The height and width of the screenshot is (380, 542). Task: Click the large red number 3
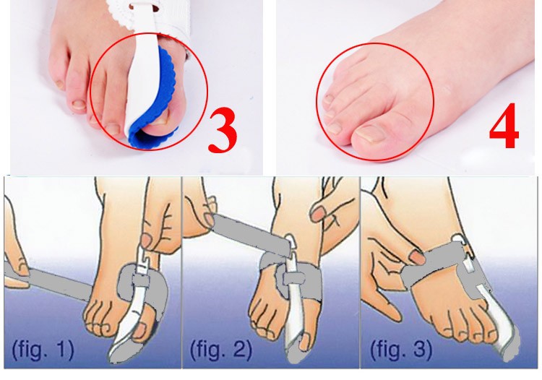tap(223, 131)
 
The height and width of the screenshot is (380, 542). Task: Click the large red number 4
tap(504, 126)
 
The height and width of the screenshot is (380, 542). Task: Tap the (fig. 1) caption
tap(43, 349)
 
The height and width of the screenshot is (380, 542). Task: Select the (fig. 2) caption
tap(221, 349)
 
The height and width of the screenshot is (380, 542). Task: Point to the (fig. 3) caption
tap(401, 349)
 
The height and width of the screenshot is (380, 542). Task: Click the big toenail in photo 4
tap(371, 134)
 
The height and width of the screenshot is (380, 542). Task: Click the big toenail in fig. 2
tap(304, 341)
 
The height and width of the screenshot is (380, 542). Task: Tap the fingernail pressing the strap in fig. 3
tap(417, 257)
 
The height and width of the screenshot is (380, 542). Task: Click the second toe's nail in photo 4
tap(334, 128)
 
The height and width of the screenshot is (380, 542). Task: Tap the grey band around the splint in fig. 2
tap(294, 277)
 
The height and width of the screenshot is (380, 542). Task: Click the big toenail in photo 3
tap(160, 120)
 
